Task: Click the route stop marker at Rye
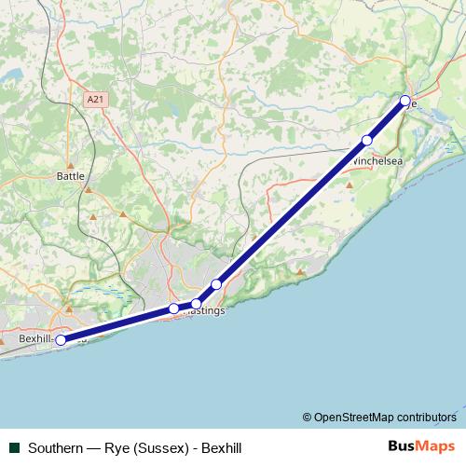click(x=405, y=101)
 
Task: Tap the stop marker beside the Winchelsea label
click(x=367, y=141)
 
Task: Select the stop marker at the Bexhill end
click(x=61, y=340)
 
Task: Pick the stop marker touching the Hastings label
click(x=197, y=304)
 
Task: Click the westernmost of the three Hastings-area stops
click(x=174, y=308)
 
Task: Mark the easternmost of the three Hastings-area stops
click(x=216, y=284)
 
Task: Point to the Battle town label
click(x=70, y=174)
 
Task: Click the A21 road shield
click(x=94, y=99)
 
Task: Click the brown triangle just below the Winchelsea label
click(x=350, y=185)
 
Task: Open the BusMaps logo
click(x=421, y=446)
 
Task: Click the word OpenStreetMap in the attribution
click(x=354, y=417)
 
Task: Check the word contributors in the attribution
click(x=427, y=417)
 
